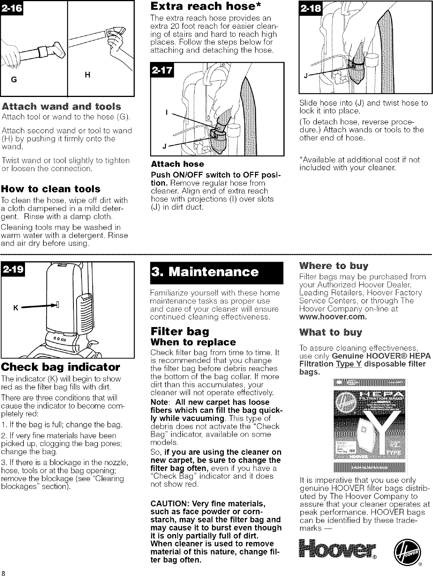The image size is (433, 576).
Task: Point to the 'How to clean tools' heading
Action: pos(51,189)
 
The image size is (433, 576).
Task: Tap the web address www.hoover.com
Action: pos(333,317)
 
